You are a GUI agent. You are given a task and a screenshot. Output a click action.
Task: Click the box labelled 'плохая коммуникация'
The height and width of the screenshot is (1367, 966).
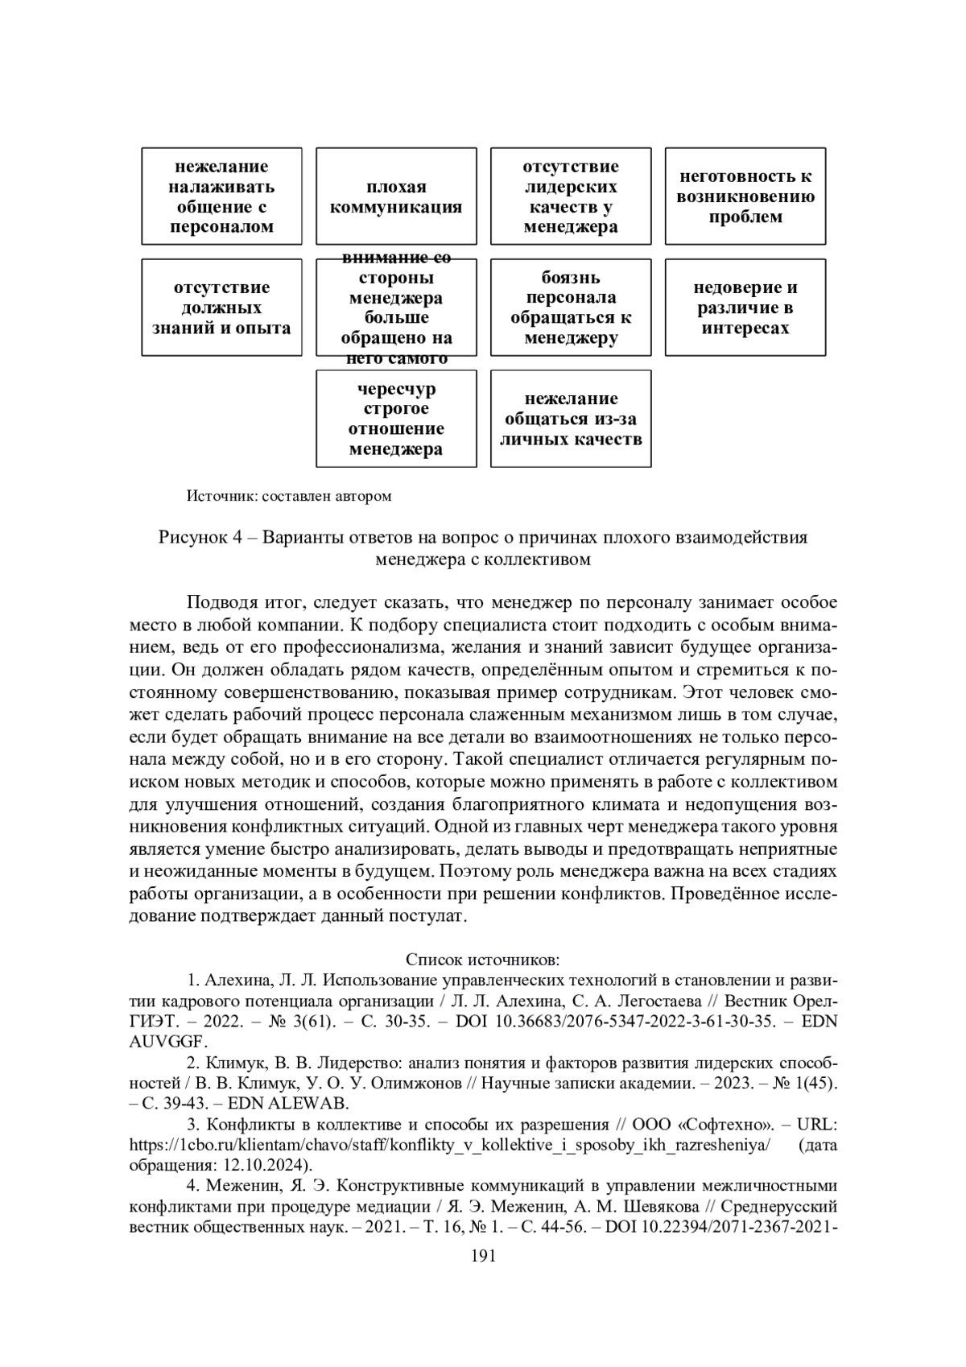(396, 196)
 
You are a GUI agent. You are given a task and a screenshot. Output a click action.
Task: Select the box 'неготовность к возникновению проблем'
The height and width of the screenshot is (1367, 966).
(745, 196)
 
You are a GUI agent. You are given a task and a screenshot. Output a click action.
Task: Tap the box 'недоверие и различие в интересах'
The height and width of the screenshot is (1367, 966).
(745, 308)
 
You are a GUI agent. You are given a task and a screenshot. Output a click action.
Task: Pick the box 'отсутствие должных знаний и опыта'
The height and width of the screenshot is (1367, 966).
(221, 308)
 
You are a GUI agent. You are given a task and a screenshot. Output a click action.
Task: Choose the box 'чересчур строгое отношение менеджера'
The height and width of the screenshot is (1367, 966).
(396, 419)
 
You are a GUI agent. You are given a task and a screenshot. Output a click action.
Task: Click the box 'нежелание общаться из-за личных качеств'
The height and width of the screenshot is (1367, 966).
(571, 419)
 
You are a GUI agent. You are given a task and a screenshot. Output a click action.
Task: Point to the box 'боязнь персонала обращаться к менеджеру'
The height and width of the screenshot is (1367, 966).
(571, 308)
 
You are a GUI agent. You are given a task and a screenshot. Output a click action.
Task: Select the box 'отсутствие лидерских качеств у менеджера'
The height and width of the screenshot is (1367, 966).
(571, 196)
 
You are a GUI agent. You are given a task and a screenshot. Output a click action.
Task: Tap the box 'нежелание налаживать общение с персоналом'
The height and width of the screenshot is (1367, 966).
(221, 196)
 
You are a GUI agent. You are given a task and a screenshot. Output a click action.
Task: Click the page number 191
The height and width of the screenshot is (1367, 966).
(483, 1256)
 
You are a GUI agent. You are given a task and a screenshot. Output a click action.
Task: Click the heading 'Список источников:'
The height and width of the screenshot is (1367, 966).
(483, 960)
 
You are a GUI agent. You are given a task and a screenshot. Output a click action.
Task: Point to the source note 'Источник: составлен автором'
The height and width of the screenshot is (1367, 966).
(289, 496)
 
